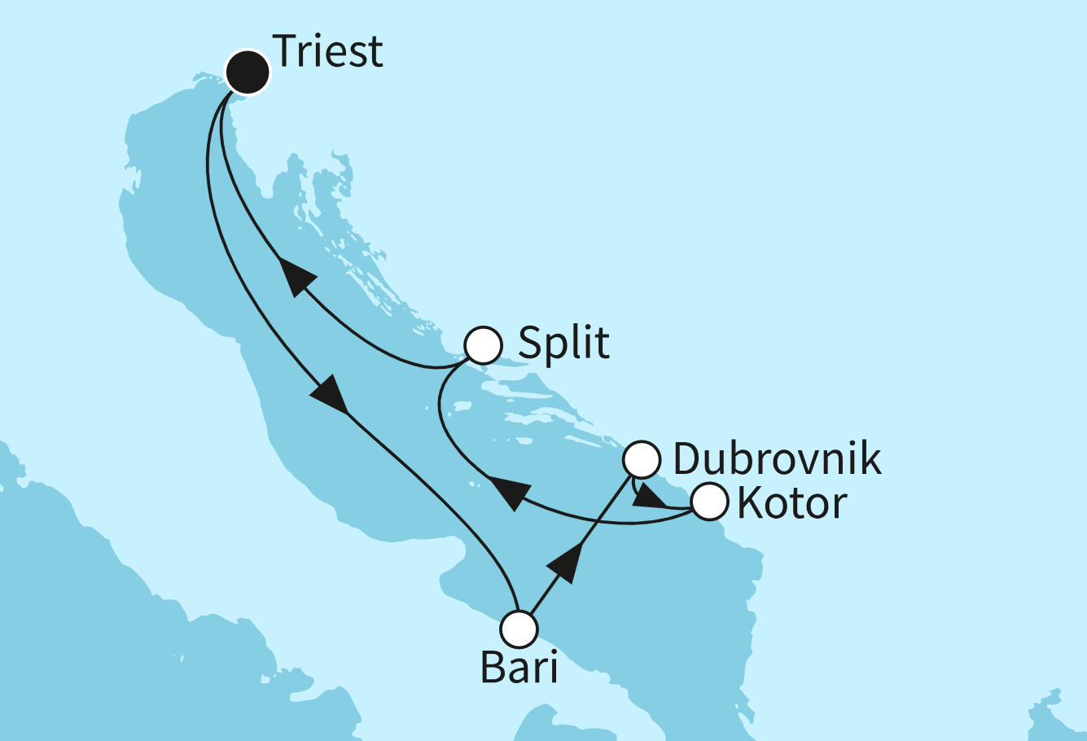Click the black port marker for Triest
247,73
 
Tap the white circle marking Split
483,345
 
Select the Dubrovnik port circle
641,460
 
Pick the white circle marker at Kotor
708,502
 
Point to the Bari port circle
519,629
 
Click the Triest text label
328,51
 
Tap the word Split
563,342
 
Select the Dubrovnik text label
777,459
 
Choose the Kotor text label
791,503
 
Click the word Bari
519,669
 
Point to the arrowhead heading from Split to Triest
295,277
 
